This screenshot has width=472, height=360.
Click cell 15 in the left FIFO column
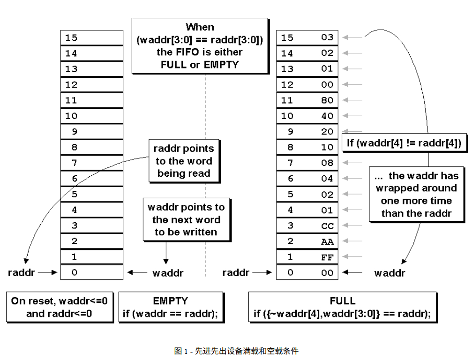pos(91,37)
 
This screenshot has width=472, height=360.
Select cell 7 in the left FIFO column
pos(91,163)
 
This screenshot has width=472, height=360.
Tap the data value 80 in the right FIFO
pos(327,100)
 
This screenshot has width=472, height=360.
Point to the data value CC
pos(327,225)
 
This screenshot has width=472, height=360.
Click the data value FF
pos(327,257)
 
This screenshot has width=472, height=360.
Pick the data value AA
pos(327,241)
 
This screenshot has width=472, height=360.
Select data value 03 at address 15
pos(327,37)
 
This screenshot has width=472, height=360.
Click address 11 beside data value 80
pos(287,100)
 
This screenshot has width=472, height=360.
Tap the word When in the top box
pos(200,27)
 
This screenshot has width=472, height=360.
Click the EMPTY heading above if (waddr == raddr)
pos(171,301)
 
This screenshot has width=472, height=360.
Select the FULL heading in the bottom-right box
pos(343,301)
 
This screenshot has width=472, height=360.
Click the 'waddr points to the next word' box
pos(186,219)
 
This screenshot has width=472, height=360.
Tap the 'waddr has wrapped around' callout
pos(417,194)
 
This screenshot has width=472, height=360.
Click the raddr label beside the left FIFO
pos(21,272)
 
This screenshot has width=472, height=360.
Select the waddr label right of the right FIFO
pos(390,273)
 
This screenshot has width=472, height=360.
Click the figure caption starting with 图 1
pos(236,351)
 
